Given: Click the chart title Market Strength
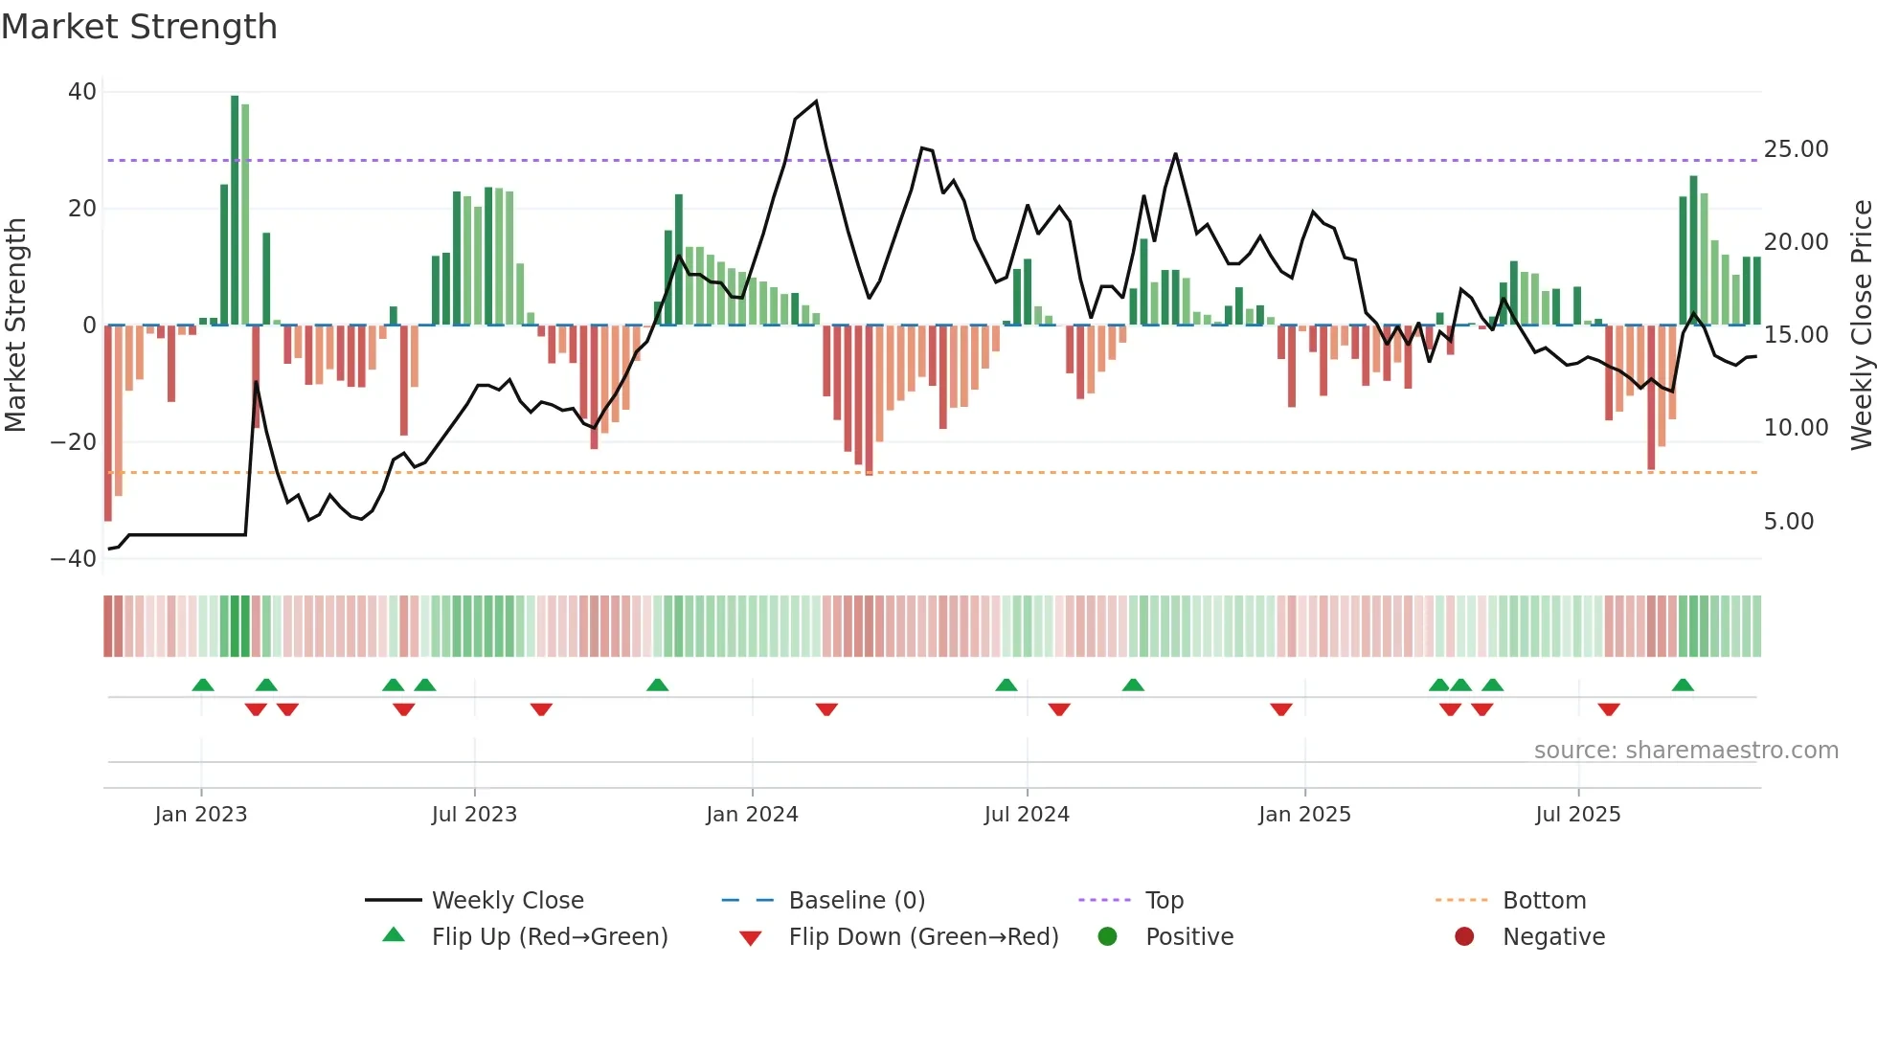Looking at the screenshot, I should click(139, 27).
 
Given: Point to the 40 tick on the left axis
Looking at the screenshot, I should click(82, 92).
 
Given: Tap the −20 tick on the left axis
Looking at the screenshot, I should click(74, 442).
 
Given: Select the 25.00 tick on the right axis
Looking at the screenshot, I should click(1796, 149).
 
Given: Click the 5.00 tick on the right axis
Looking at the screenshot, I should click(1789, 522).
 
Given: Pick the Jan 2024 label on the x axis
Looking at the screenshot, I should click(752, 815).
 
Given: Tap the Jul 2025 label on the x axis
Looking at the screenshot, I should click(1577, 815).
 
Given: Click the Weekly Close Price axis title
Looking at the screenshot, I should click(1861, 325).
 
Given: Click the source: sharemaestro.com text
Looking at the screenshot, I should click(1685, 751).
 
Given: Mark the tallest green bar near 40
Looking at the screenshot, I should click(235, 211).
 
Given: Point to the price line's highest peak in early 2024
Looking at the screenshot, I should click(816, 101).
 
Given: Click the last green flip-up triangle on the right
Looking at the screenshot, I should click(1683, 685).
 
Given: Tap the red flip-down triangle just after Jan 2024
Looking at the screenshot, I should click(826, 709).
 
